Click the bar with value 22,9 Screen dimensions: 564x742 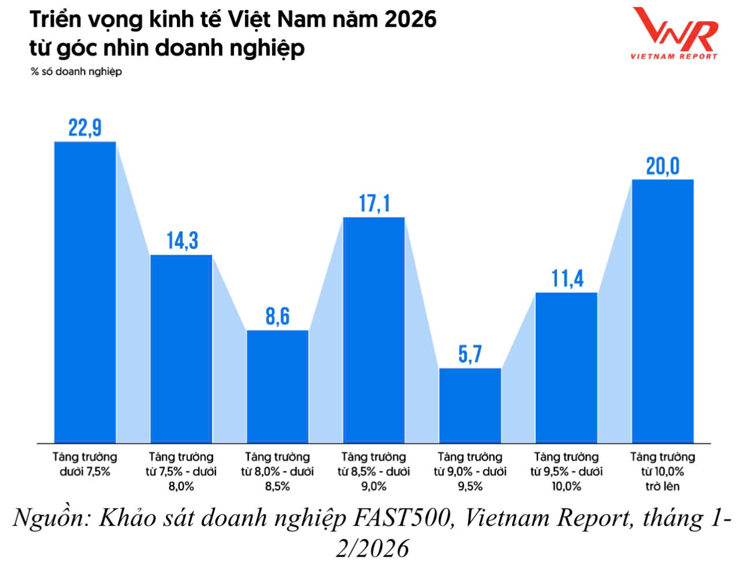tap(85, 292)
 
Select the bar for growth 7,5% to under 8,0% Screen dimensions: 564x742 tap(181, 348)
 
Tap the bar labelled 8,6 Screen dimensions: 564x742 tap(277, 386)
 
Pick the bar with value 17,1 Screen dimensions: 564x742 tap(374, 330)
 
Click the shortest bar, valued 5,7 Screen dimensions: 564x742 tap(470, 405)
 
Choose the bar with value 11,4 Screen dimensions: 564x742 tap(566, 368)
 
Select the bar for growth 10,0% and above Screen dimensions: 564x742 tap(662, 311)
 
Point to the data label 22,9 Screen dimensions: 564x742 tap(85, 128)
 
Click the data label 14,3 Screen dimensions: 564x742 tap(182, 240)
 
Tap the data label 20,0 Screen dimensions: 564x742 tap(662, 166)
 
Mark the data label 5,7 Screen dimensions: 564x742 tap(470, 354)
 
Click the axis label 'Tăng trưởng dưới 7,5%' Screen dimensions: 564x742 tap(85, 464)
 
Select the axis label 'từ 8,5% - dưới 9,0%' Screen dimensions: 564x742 tap(374, 472)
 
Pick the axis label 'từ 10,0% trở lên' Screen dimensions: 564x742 tap(662, 472)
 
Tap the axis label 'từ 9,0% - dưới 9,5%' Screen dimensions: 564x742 tap(470, 472)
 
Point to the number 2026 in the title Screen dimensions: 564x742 tap(410, 20)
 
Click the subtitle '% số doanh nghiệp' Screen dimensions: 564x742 tap(76, 72)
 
